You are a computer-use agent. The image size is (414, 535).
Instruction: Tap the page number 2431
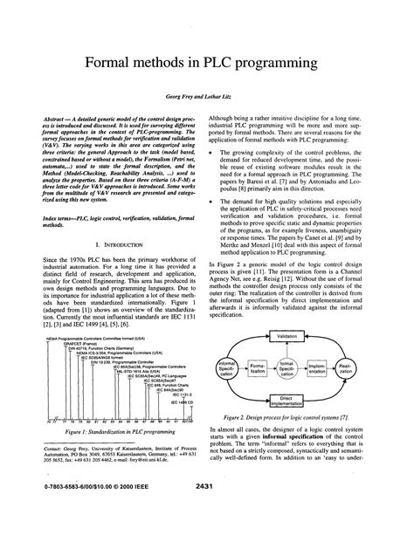(206, 508)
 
